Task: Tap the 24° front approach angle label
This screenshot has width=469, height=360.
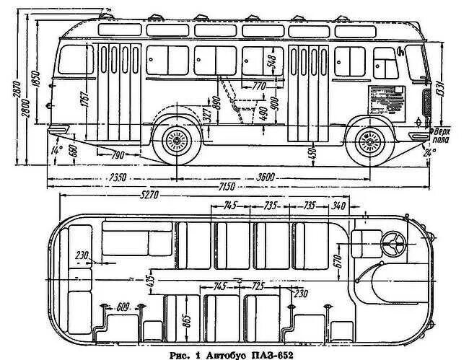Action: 431,152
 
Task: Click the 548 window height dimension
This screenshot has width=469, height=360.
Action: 272,66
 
